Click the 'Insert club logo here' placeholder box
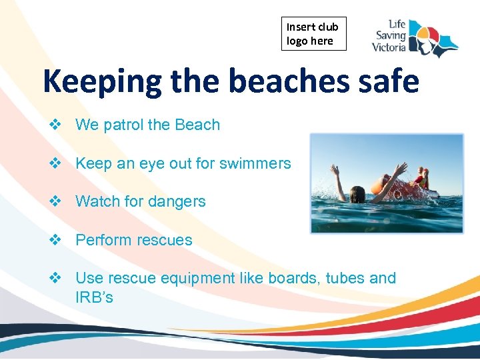tap(313, 34)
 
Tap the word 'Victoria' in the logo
tap(388, 48)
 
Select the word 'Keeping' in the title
tap(102, 82)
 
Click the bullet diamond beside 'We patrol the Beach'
tap(55, 125)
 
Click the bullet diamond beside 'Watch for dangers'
tap(55, 201)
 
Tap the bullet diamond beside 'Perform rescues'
tap(55, 240)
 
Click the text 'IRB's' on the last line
tap(94, 297)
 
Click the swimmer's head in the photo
tap(358, 194)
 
